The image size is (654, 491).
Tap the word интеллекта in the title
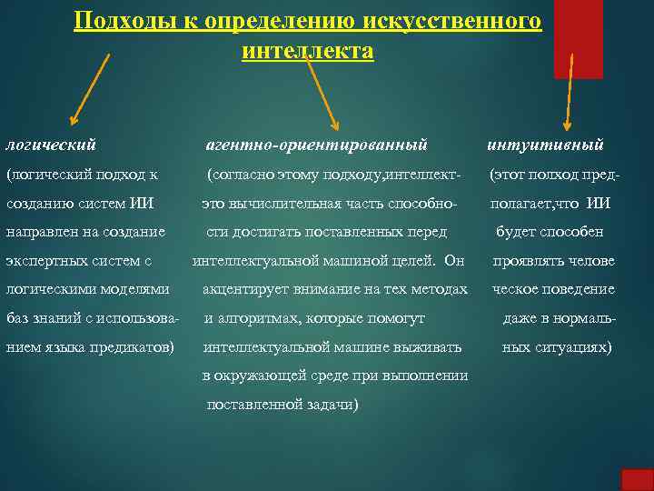pos(307,51)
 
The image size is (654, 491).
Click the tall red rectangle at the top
pos(578,38)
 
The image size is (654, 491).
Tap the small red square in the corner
pos(637,479)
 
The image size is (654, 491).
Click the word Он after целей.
pos(454,261)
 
